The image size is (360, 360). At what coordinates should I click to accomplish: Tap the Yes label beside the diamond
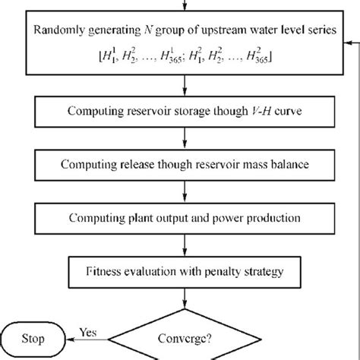[x=89, y=331]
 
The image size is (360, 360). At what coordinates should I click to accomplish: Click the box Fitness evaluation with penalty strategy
[x=182, y=269]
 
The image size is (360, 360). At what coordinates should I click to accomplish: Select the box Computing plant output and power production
[x=182, y=219]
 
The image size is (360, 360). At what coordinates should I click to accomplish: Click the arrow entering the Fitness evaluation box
[x=182, y=247]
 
